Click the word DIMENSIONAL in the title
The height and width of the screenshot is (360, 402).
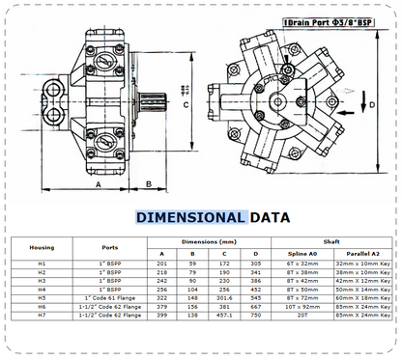point(189,218)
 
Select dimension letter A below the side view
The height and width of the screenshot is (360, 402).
point(96,181)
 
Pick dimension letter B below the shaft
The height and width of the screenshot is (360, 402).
point(148,181)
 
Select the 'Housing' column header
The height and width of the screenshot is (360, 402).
point(42,247)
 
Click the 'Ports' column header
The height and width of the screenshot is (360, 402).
point(108,247)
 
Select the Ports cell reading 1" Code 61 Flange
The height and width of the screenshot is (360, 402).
point(108,299)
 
